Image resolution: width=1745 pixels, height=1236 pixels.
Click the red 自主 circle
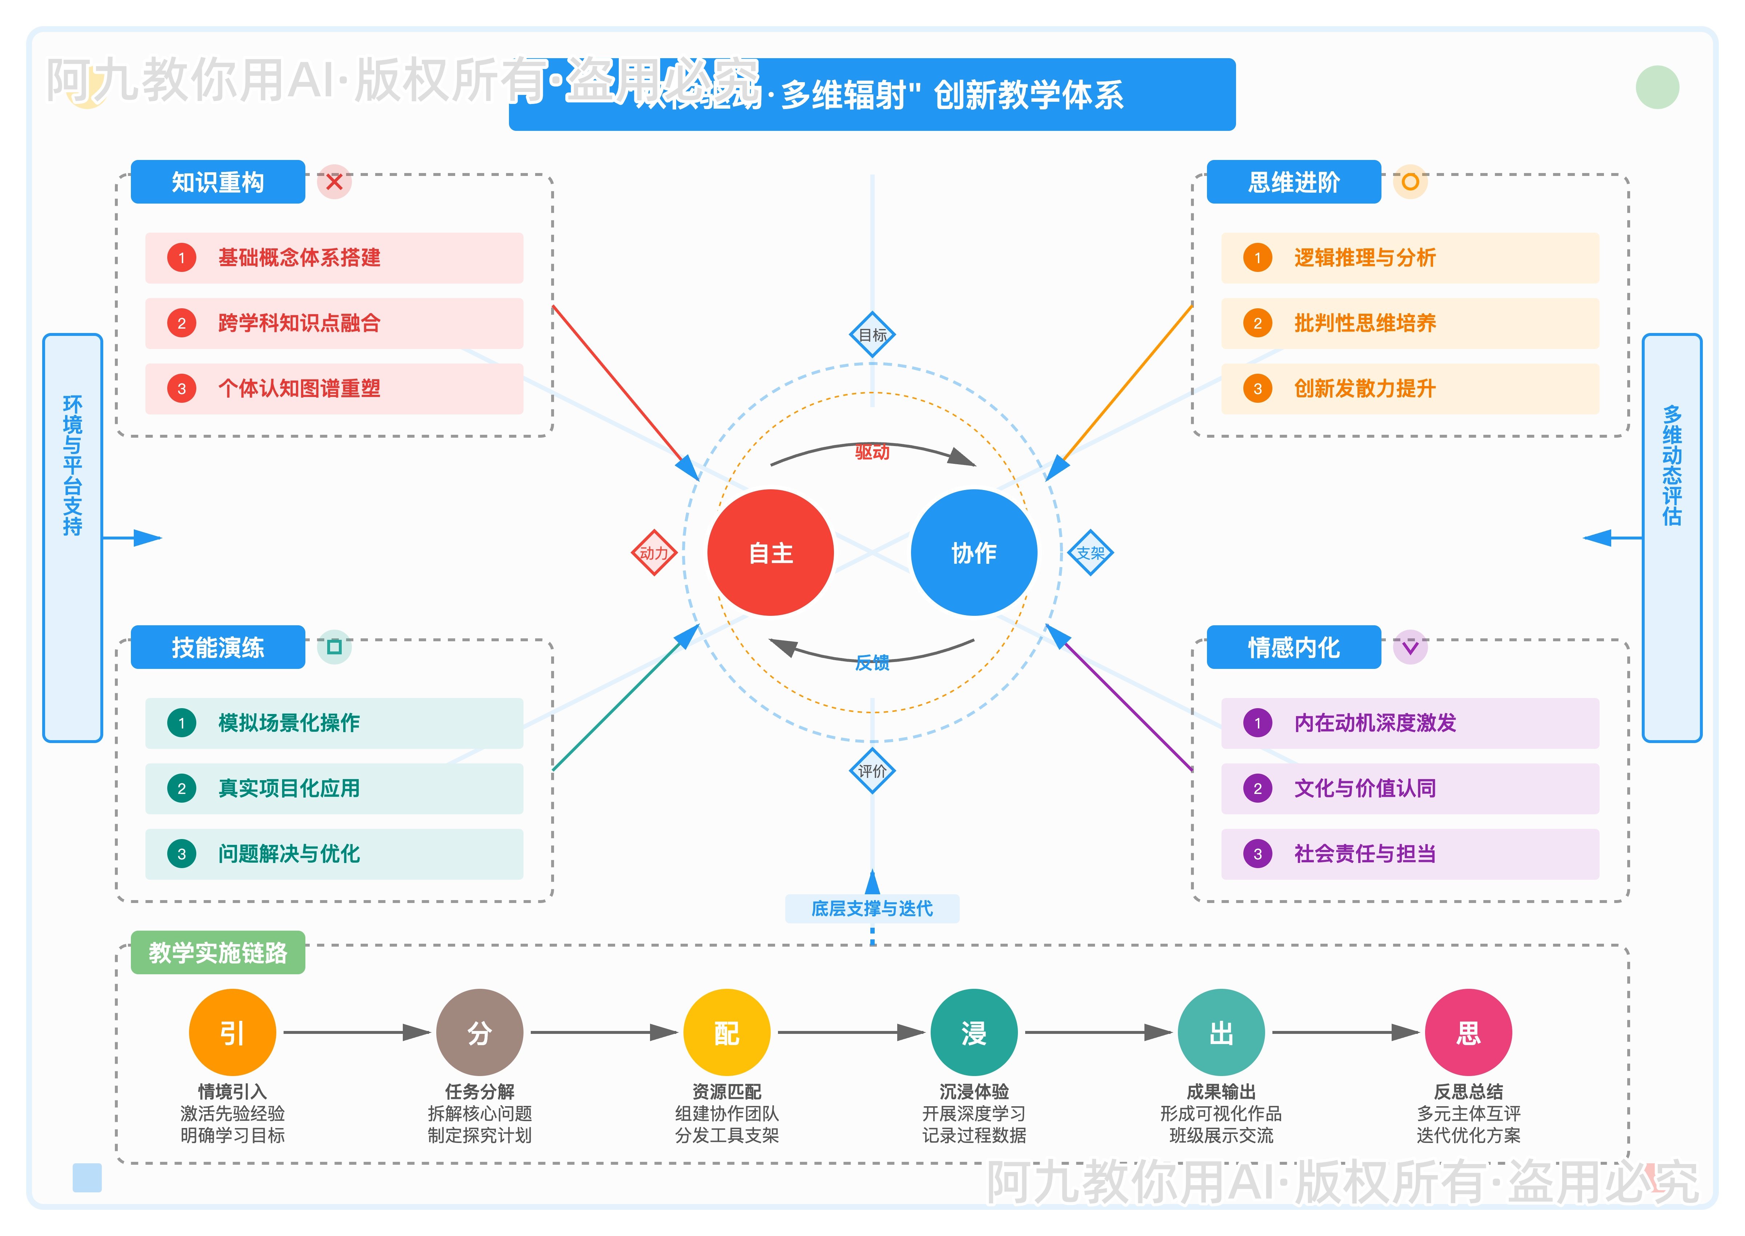click(x=770, y=553)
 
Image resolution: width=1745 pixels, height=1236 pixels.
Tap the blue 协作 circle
click(x=973, y=553)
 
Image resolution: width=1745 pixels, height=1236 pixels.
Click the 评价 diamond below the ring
click(x=872, y=771)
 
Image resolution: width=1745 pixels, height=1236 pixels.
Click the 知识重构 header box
click(x=218, y=182)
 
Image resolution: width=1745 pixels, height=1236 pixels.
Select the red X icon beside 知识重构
click(x=334, y=182)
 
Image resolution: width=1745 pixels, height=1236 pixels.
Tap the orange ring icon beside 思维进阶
click(x=1409, y=182)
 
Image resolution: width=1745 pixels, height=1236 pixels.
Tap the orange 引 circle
click(x=232, y=1033)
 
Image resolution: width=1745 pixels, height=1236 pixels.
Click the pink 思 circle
click(x=1468, y=1033)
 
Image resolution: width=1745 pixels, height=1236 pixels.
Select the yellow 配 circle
click(x=727, y=1033)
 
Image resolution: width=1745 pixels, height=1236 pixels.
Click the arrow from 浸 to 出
click(x=1098, y=1033)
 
